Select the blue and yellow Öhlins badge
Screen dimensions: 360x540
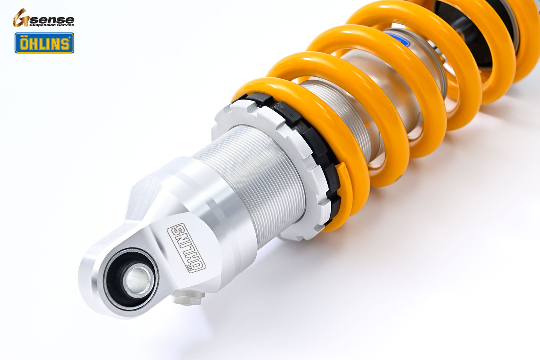44,43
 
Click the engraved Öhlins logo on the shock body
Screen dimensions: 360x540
186,247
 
